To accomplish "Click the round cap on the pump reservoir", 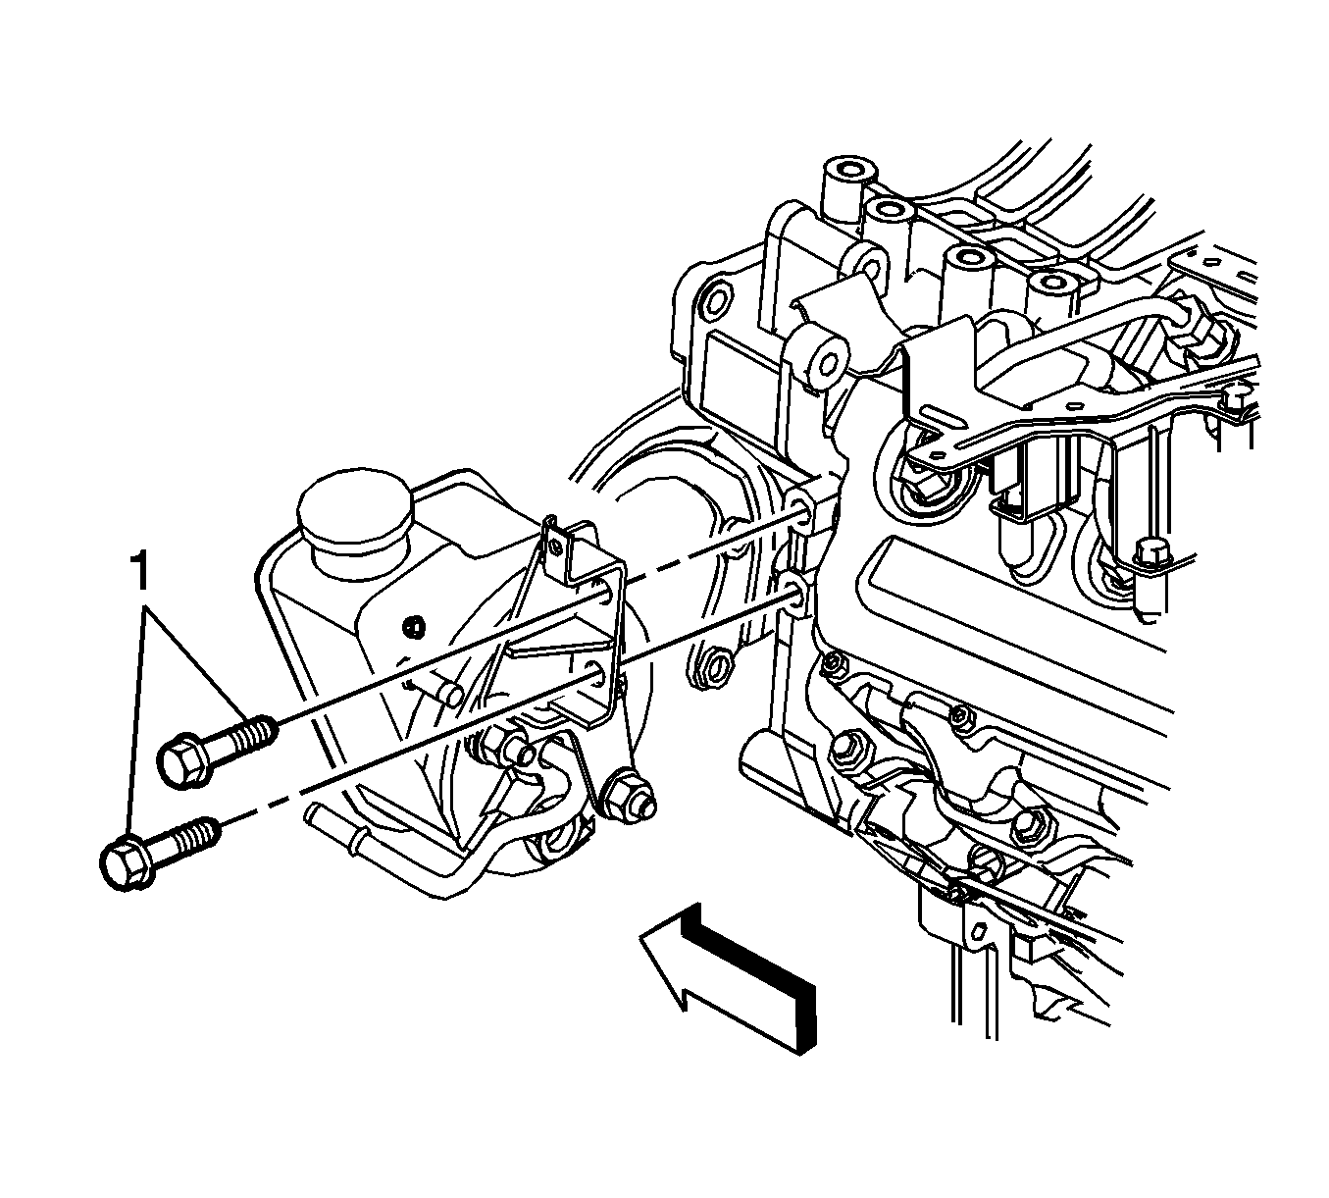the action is pos(355,505).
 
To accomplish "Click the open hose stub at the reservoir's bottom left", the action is pos(319,814).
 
